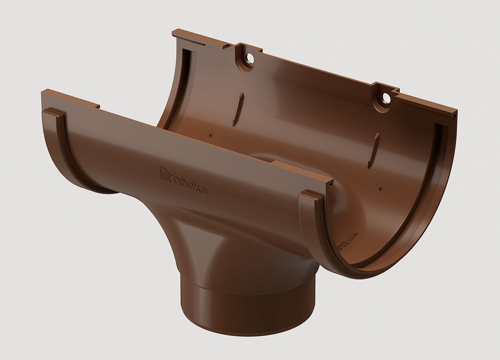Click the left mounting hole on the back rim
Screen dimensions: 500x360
click(249, 59)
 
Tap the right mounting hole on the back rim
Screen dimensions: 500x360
click(386, 97)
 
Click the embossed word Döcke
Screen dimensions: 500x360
click(190, 184)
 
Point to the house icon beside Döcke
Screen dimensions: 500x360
click(164, 174)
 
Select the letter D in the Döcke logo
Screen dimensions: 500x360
click(176, 180)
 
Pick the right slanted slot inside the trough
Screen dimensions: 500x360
click(373, 150)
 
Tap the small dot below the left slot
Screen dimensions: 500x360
click(210, 135)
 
